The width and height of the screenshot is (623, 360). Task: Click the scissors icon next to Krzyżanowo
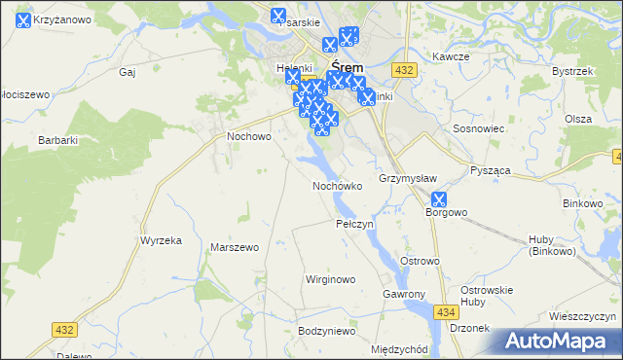(10, 18)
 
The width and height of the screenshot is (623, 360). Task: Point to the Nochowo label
(248, 136)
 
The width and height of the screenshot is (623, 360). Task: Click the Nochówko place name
(337, 185)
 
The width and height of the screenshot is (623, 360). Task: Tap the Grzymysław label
(407, 178)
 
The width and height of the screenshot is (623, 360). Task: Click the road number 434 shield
(446, 311)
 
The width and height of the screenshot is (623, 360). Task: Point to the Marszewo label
(234, 247)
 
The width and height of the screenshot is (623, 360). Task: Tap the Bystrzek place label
(571, 71)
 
